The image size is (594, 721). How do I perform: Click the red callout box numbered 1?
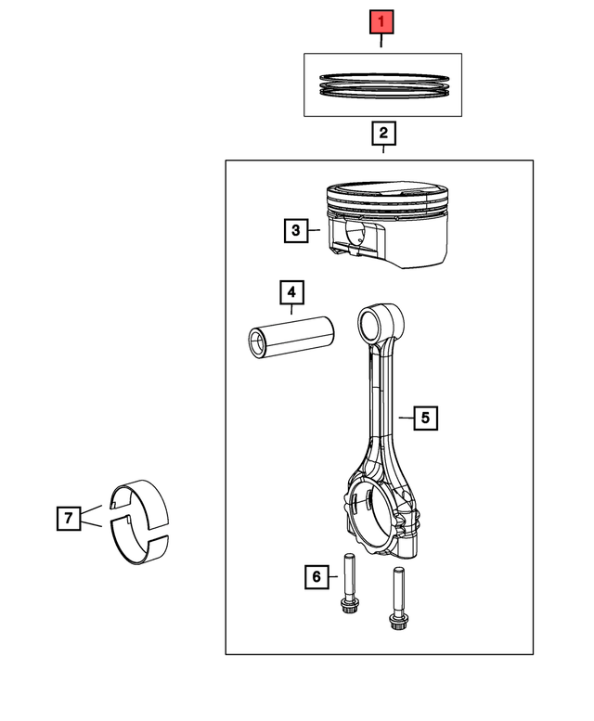click(381, 21)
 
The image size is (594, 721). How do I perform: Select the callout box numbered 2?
click(383, 133)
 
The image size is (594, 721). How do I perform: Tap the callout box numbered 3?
click(296, 230)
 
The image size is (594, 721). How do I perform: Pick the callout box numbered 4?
click(291, 292)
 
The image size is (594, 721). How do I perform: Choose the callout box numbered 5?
click(425, 418)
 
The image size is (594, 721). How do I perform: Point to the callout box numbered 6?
click(316, 576)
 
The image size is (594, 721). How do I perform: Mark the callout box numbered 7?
click(69, 518)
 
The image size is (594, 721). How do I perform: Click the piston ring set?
click(384, 85)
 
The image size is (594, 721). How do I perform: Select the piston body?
click(387, 225)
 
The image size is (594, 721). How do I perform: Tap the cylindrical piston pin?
click(291, 337)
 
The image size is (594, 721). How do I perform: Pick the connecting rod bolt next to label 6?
click(350, 583)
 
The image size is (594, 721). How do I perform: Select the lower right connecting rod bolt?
click(398, 599)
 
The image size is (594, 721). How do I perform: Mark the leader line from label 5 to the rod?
click(406, 418)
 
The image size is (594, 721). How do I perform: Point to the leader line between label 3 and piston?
click(314, 229)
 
